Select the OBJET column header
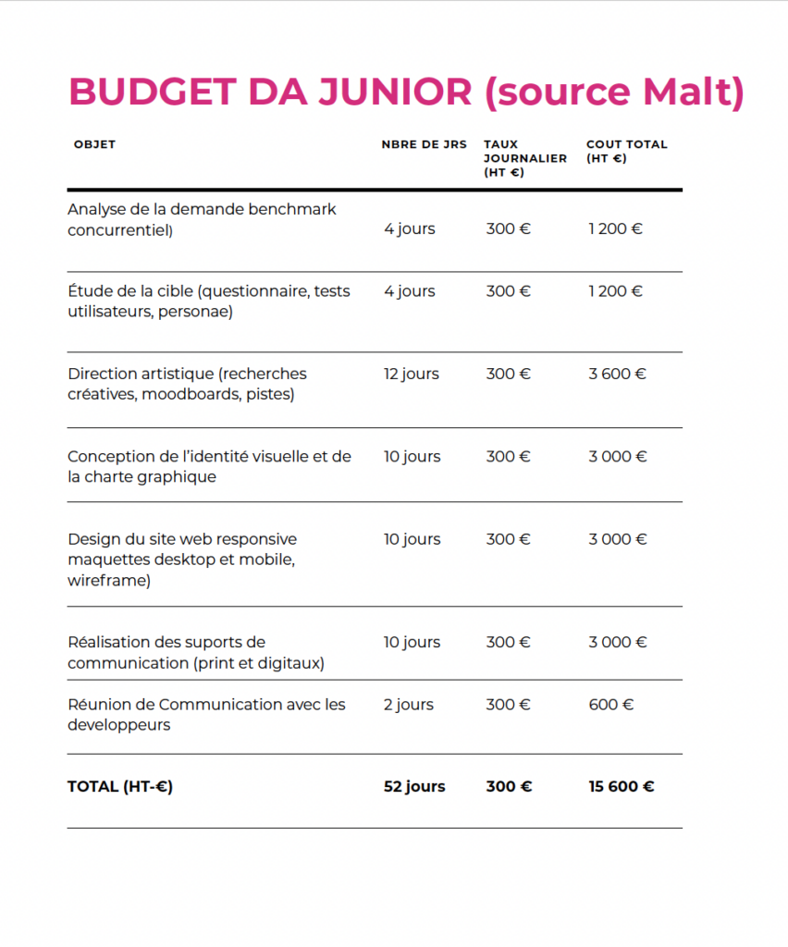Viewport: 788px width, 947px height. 94,144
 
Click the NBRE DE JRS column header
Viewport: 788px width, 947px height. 424,144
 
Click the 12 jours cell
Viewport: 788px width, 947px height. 411,374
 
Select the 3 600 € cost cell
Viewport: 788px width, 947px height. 617,374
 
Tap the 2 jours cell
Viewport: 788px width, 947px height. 408,705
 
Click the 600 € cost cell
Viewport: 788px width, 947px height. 610,705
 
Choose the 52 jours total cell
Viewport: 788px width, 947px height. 413,787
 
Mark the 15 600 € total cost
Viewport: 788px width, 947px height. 621,787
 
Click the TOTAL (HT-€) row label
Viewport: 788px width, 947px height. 120,787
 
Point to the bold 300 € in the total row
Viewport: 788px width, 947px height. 509,787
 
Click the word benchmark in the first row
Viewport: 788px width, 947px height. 292,209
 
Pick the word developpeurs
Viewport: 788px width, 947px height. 119,725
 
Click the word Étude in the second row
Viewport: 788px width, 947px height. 89,291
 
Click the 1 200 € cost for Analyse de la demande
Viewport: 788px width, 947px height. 615,228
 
